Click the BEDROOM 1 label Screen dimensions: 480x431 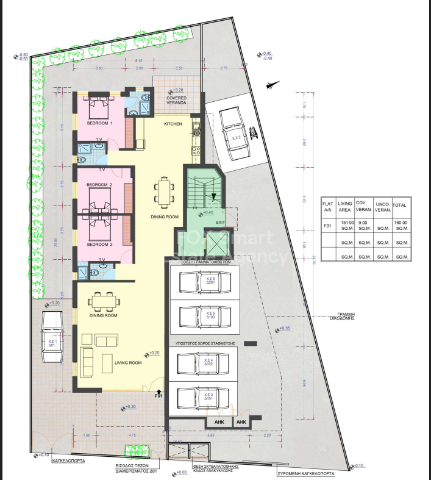click(99, 123)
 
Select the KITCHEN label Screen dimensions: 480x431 click(173, 124)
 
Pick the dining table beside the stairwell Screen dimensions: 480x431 click(163, 192)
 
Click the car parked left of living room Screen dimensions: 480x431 click(52, 337)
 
